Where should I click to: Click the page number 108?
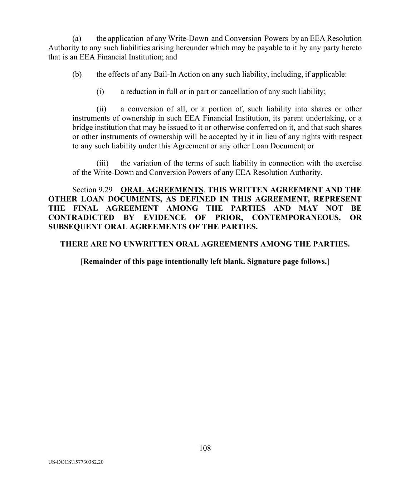pyautogui.click(x=205, y=448)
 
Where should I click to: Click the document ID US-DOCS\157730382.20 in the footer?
pyautogui.click(x=76, y=462)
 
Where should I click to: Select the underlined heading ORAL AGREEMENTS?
pyautogui.click(x=162, y=190)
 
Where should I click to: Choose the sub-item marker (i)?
pyautogui.click(x=100, y=92)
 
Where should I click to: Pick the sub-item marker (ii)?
pyautogui.click(x=101, y=109)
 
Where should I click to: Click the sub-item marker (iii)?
pyautogui.click(x=102, y=163)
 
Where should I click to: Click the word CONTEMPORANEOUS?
pyautogui.click(x=296, y=217)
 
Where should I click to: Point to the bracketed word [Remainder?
pyautogui.click(x=101, y=262)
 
